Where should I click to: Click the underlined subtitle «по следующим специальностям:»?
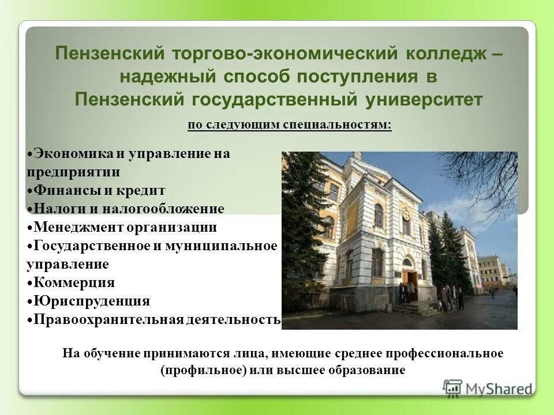point(290,125)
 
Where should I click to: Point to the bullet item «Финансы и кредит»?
point(99,190)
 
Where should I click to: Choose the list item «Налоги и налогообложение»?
point(128,208)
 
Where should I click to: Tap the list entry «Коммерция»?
point(74,282)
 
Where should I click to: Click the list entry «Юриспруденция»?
point(91,301)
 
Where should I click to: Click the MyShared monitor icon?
point(453,387)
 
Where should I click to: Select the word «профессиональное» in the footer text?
point(455,353)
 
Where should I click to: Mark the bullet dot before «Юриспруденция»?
point(30,301)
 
